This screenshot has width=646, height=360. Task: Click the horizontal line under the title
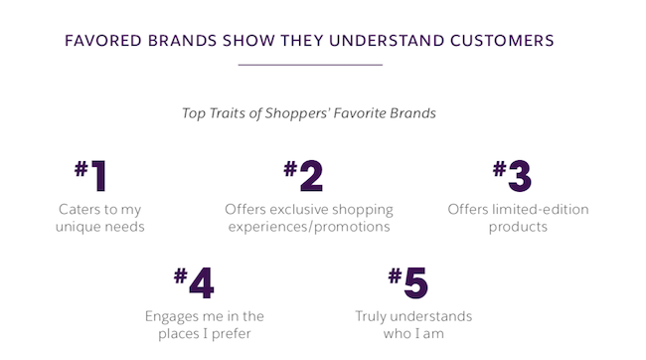(310, 65)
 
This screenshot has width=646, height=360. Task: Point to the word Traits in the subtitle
(237, 112)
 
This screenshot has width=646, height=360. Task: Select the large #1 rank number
(90, 175)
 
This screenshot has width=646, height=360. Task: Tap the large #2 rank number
(303, 175)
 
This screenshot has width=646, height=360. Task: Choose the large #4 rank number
(194, 282)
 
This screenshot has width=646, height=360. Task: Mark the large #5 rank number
(407, 282)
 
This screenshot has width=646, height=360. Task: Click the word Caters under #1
(80, 210)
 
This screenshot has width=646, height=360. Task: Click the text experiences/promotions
(309, 227)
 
